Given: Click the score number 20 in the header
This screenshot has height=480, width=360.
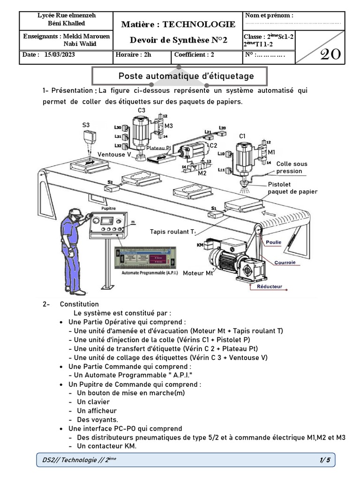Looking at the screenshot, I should pos(330,55).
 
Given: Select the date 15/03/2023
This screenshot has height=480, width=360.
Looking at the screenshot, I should pos(60,54).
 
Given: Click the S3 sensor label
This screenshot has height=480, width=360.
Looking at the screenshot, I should pos(87,125).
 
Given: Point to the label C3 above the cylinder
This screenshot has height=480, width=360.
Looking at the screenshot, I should pos(141,110).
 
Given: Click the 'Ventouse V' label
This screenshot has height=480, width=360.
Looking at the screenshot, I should pos(114,154).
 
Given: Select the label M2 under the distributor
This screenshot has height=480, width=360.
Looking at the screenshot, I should pos(202,173).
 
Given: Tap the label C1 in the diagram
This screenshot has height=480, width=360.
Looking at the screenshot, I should pos(242,136).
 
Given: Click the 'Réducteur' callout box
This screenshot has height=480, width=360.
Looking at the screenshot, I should pos(270,286).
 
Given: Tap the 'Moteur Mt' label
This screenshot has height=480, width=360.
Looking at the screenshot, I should pos(198,273).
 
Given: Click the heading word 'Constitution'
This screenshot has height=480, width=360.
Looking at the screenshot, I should pos(79,304).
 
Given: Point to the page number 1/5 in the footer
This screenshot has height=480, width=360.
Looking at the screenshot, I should pos(325,460).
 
